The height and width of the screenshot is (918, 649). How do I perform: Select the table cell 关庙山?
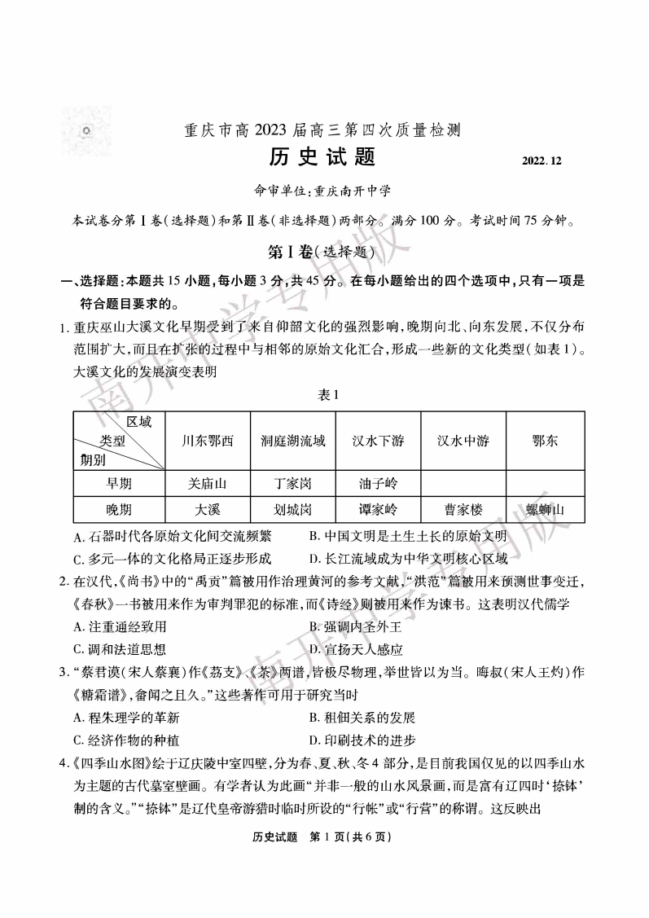point(207,484)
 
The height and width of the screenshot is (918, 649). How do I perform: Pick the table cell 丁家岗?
point(292,484)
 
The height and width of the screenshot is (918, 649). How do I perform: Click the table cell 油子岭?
point(379,484)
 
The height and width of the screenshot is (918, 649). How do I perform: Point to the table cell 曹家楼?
point(463,510)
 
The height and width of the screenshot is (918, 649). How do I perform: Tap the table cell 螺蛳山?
point(545,510)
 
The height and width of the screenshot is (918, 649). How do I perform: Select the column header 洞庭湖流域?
point(292,441)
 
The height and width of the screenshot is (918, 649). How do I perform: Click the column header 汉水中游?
point(463,441)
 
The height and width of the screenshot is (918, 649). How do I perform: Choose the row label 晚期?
point(119,510)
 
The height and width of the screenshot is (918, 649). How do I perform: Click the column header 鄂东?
point(545,441)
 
